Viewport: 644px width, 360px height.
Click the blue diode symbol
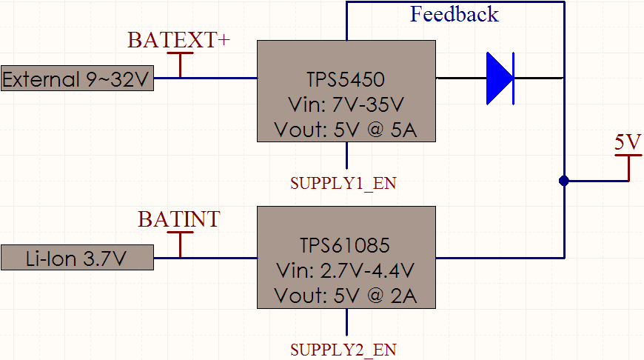tap(500, 78)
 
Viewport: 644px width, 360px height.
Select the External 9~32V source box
tap(77, 78)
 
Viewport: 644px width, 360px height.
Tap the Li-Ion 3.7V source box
tap(77, 258)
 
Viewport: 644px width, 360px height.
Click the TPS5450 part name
tap(346, 79)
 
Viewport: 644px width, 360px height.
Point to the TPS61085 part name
tap(345, 245)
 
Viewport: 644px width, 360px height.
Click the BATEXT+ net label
tap(178, 40)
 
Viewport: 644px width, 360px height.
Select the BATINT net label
tap(179, 219)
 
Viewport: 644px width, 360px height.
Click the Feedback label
tap(455, 14)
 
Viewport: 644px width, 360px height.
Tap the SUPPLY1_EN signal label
tap(343, 183)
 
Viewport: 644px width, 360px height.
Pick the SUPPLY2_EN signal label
tap(343, 350)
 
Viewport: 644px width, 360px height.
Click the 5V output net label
tap(628, 142)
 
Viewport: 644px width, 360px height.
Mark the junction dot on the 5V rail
tap(564, 181)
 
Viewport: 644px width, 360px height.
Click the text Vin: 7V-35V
tap(346, 104)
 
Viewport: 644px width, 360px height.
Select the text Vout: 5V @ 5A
tap(346, 130)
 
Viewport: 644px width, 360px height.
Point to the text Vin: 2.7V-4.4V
tap(346, 270)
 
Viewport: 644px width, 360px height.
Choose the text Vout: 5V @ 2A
tap(346, 296)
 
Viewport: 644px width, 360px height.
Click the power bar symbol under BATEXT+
tap(181, 65)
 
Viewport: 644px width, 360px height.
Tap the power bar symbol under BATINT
tap(181, 245)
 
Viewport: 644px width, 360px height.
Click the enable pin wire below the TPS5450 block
tap(346, 156)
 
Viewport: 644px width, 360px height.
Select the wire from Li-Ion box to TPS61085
tap(205, 258)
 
